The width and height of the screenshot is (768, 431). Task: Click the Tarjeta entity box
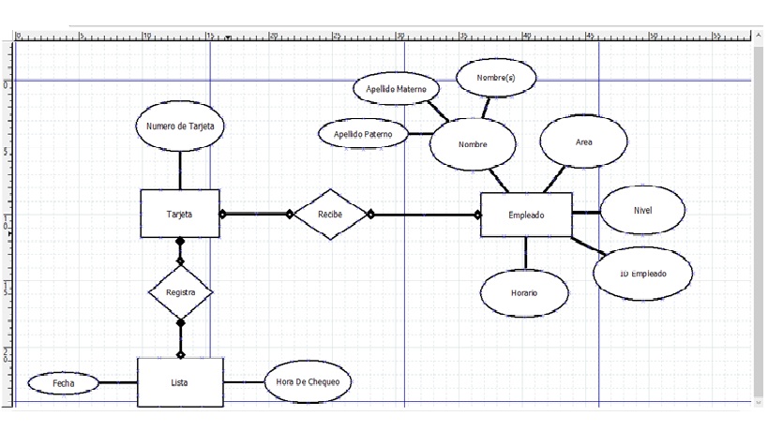click(x=180, y=214)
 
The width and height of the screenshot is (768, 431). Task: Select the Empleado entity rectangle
click(x=525, y=215)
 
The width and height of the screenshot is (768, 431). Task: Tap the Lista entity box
click(x=180, y=382)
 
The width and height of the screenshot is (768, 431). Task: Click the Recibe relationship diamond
click(x=330, y=214)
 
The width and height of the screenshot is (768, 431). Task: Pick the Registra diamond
click(x=180, y=292)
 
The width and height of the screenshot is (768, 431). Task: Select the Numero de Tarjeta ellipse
click(x=180, y=126)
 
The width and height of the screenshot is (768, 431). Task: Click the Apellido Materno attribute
click(x=396, y=89)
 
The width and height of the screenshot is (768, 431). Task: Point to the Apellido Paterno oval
click(x=364, y=134)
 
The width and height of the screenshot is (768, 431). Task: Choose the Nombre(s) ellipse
click(x=495, y=78)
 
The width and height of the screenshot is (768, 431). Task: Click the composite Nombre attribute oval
click(x=473, y=144)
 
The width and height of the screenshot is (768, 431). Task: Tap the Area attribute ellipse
click(x=583, y=142)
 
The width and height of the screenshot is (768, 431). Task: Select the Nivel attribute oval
click(x=642, y=210)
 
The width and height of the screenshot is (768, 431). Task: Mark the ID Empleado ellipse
click(x=643, y=274)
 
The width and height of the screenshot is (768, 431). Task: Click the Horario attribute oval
click(x=524, y=292)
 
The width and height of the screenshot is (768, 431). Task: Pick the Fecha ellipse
click(x=63, y=383)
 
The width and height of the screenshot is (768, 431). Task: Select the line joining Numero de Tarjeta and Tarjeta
click(x=180, y=170)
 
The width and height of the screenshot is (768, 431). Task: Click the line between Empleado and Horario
click(x=525, y=253)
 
